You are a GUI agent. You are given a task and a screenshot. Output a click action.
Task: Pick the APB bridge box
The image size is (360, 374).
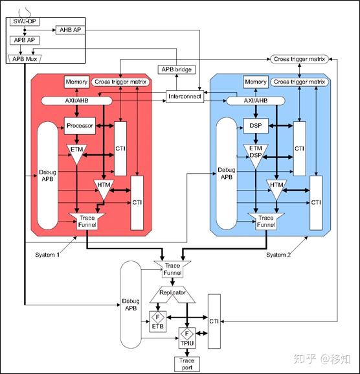pyautogui.click(x=176, y=69)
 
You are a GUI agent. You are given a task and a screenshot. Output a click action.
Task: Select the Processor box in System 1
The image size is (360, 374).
pyautogui.click(x=80, y=126)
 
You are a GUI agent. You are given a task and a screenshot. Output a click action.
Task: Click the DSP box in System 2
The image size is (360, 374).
pyautogui.click(x=256, y=126)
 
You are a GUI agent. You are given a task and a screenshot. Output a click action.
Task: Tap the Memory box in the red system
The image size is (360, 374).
pyautogui.click(x=76, y=82)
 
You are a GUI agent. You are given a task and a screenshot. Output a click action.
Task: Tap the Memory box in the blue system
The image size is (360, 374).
pyautogui.click(x=256, y=82)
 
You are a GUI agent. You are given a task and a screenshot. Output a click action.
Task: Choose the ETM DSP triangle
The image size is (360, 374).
pyautogui.click(x=256, y=154)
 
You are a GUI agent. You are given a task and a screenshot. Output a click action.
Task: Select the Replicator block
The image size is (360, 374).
pyautogui.click(x=173, y=293)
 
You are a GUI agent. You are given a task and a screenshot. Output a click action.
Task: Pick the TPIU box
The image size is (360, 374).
pyautogui.click(x=186, y=338)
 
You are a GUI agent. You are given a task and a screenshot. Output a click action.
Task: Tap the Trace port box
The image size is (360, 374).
pyautogui.click(x=186, y=363)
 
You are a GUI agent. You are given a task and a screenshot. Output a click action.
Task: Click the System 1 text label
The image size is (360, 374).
pyautogui.click(x=47, y=255)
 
